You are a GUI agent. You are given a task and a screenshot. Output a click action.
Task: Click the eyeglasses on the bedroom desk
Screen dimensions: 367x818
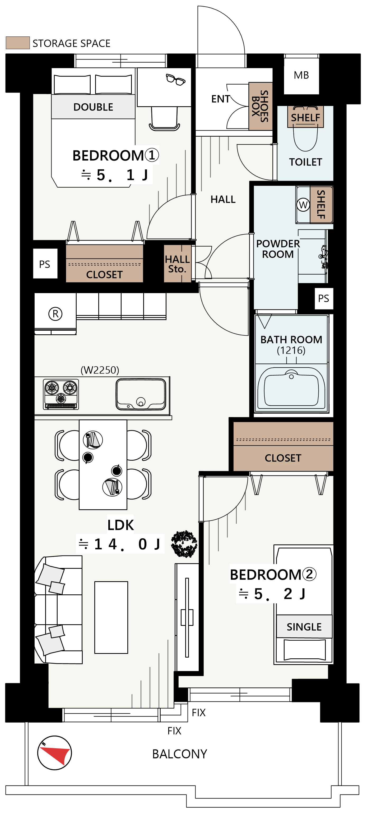175,79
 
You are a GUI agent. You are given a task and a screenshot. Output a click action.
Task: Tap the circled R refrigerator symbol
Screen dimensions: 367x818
55,314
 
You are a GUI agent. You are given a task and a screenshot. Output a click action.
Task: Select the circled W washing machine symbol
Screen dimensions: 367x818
303,205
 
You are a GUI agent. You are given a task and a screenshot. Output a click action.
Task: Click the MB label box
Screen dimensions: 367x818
301,75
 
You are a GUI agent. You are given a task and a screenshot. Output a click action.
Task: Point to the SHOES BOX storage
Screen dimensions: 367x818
260,106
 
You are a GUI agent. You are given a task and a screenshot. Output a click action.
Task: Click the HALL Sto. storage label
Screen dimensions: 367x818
177,264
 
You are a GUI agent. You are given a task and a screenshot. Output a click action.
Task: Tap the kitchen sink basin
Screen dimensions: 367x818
141,394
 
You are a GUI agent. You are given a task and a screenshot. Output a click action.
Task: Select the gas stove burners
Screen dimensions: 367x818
61,394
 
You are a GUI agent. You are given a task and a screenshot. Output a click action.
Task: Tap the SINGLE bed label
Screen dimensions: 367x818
304,627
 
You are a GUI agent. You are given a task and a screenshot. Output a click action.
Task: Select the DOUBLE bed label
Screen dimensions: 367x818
93,107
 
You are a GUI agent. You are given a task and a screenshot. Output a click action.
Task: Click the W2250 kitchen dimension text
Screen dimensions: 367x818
100,370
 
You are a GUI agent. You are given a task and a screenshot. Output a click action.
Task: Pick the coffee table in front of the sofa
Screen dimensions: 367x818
111,618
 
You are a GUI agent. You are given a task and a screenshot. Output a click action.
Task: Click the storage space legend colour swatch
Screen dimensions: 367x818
18,43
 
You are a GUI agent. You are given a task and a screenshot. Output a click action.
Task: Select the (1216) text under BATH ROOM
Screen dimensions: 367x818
291,350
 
